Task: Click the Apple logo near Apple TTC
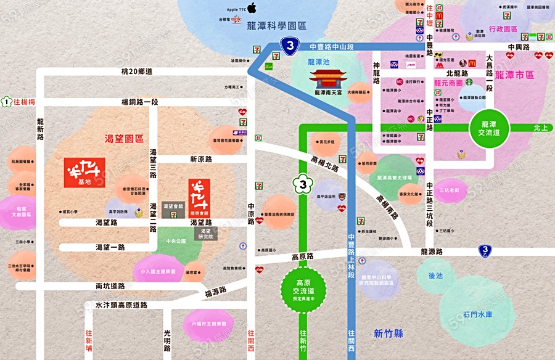[x=252, y=9]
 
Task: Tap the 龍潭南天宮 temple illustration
[x=332, y=79]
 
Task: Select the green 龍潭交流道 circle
[x=490, y=128]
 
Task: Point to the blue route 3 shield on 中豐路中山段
[x=290, y=45]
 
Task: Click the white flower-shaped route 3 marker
[x=302, y=184]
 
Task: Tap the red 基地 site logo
[x=84, y=173]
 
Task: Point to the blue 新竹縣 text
[x=388, y=333]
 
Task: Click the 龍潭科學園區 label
[x=276, y=26]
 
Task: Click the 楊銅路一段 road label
[x=139, y=102]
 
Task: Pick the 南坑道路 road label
[x=110, y=286]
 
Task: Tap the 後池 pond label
[x=435, y=276]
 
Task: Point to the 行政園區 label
[x=504, y=29]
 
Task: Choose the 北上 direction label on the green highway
[x=540, y=128]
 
